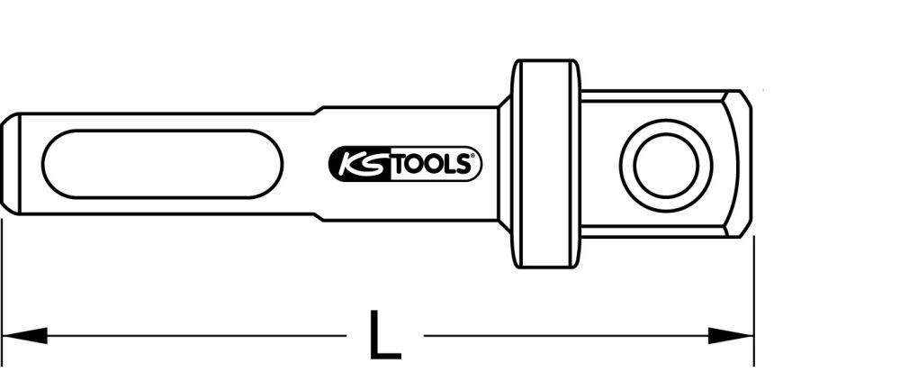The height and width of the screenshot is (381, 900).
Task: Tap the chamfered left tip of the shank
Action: click(x=9, y=163)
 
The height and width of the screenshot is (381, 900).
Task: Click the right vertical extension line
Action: click(x=754, y=297)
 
